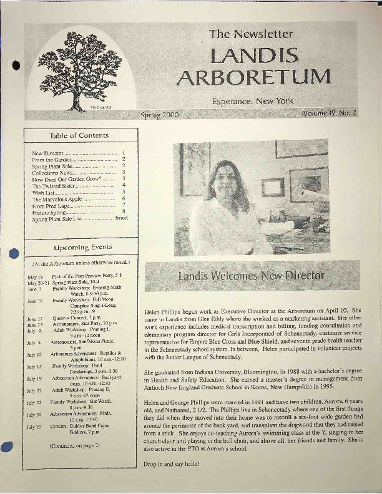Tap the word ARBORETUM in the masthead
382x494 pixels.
[253, 77]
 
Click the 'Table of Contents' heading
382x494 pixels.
[79, 135]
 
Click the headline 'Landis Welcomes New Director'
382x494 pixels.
[251, 275]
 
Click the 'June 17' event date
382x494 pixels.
[35, 318]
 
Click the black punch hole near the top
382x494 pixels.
[16, 66]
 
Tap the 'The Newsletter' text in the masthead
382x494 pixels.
[251, 34]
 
